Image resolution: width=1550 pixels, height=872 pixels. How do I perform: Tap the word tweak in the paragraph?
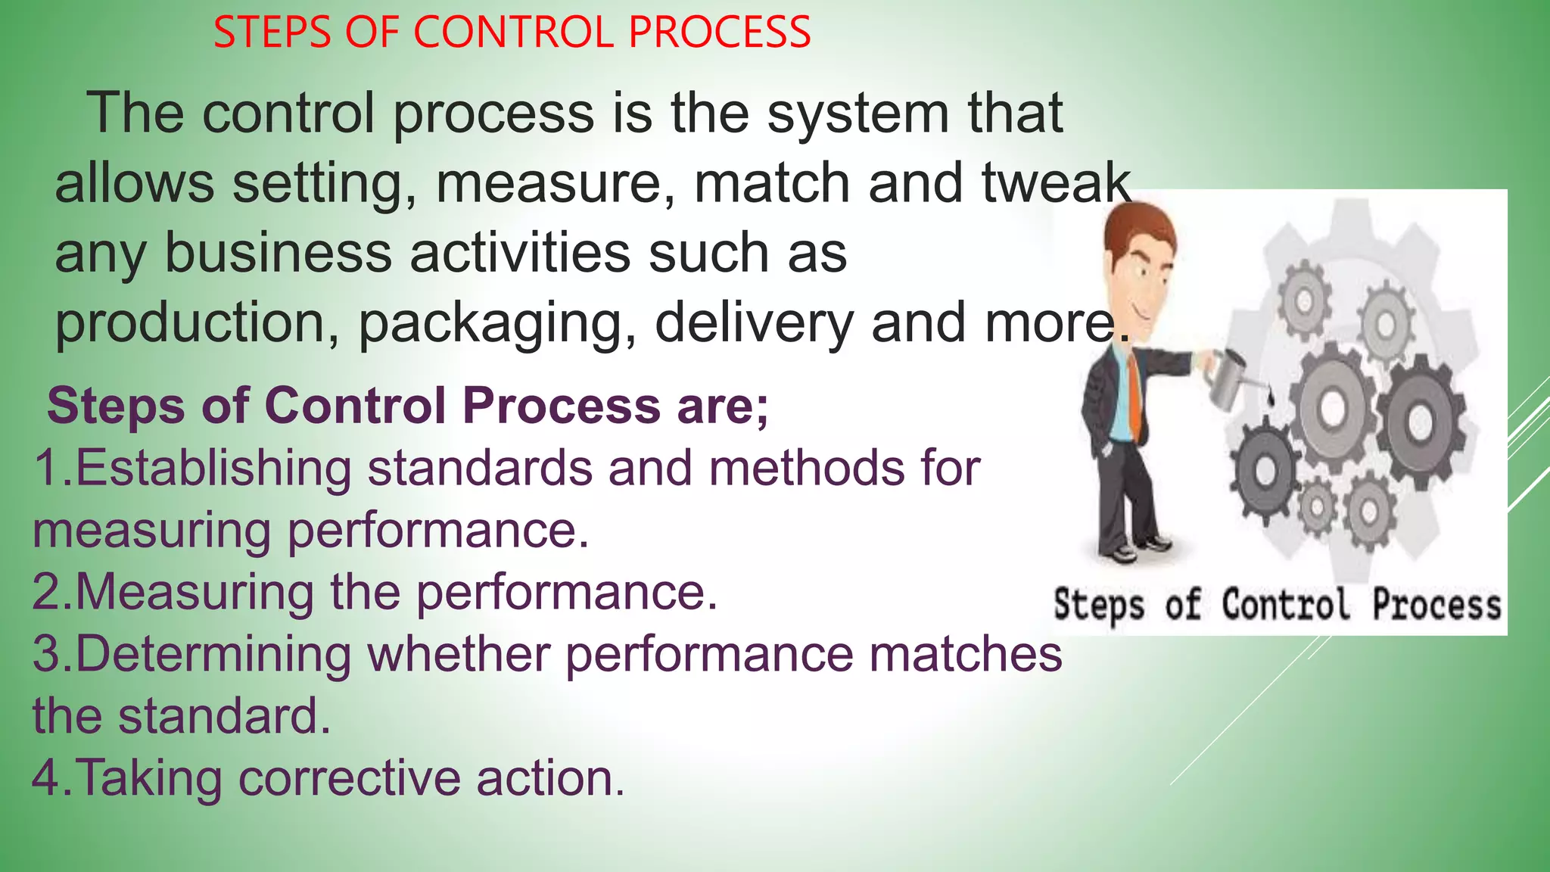click(x=1055, y=182)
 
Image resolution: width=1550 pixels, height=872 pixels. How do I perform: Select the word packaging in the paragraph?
click(x=496, y=323)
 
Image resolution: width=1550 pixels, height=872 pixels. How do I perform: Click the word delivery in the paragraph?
click(x=754, y=323)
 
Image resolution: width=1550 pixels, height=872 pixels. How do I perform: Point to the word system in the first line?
click(x=857, y=114)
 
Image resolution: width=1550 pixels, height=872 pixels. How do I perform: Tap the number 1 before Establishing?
click(x=47, y=468)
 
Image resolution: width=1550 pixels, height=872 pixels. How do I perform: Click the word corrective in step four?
click(x=349, y=778)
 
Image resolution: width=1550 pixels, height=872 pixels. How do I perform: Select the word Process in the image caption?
click(x=1436, y=606)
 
